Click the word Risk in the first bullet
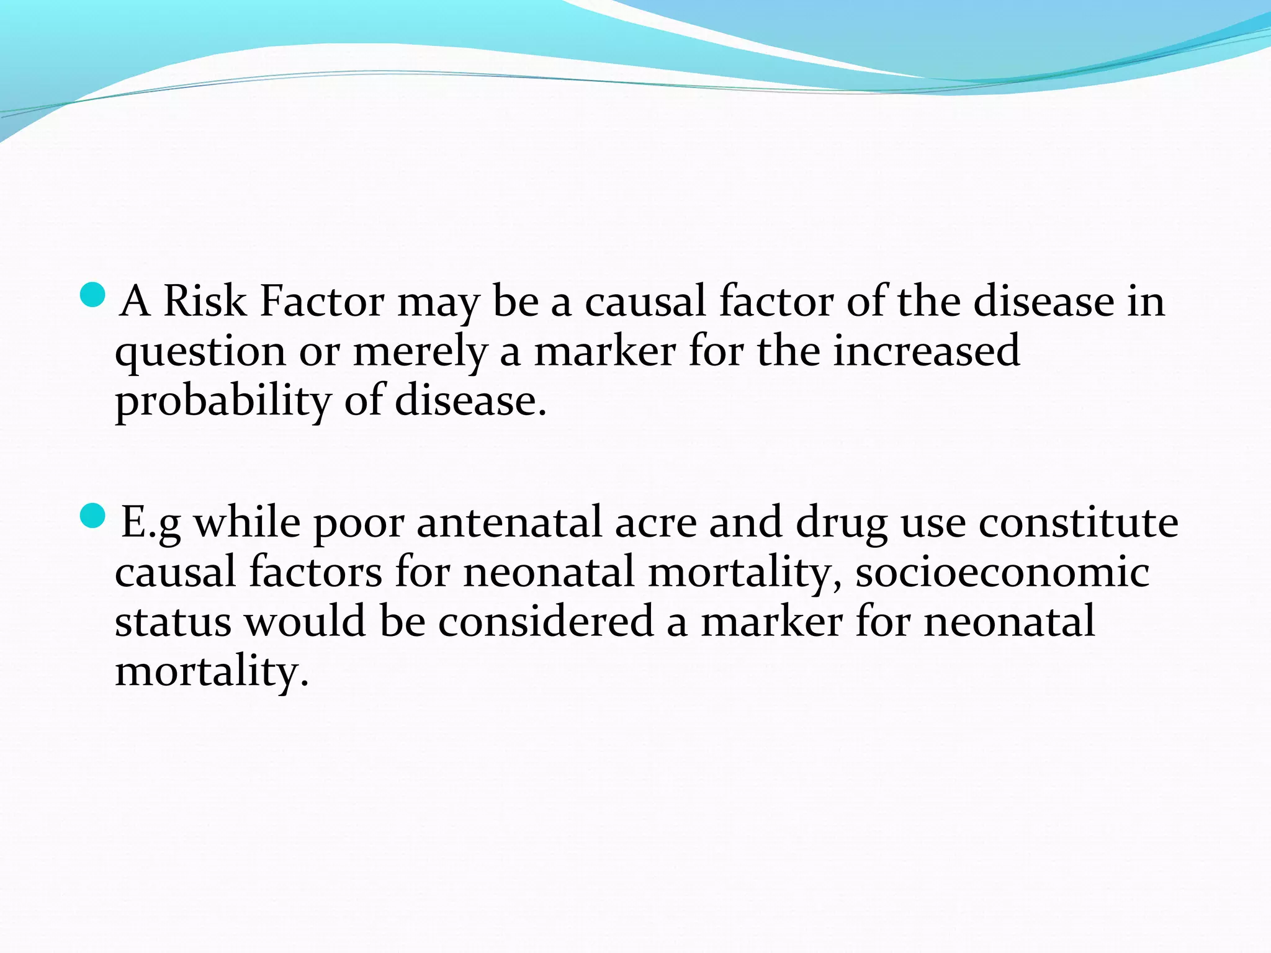[204, 302]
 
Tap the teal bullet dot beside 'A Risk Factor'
[94, 295]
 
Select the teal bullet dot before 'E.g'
[94, 516]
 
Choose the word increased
[926, 351]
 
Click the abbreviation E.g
[151, 523]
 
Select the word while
[247, 522]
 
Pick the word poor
[359, 523]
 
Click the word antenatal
[509, 522]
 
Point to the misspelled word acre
[655, 523]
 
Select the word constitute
[1079, 522]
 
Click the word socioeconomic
[1002, 571]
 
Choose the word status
[173, 621]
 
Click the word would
[305, 621]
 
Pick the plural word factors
[316, 571]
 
